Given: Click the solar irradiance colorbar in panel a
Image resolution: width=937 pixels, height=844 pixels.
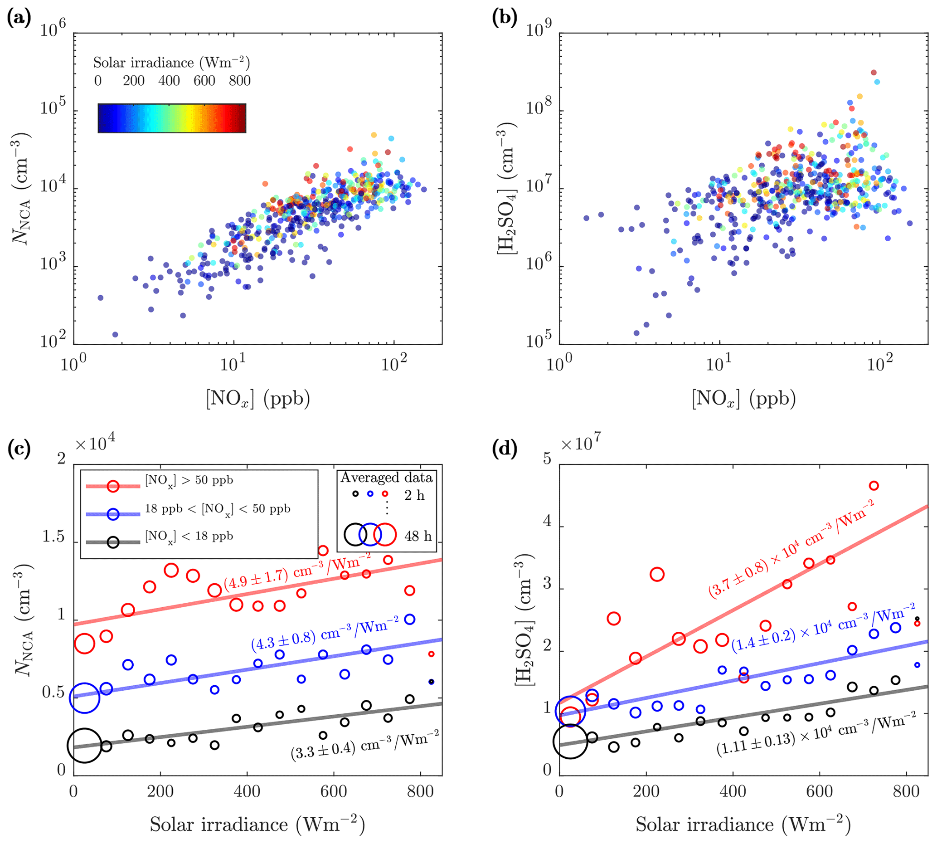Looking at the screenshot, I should click(171, 118).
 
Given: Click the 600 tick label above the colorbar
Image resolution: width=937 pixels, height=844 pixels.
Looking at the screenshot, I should click(204, 81).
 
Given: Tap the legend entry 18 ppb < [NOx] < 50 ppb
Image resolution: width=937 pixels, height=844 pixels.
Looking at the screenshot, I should click(217, 509).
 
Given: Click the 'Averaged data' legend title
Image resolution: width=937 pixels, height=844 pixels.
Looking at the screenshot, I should click(387, 478).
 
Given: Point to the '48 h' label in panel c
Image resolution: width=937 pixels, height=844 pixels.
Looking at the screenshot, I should click(418, 537).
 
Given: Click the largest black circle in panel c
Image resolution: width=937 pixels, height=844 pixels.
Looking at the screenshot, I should click(84, 745).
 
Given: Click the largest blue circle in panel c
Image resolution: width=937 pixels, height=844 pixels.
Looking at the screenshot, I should click(84, 698).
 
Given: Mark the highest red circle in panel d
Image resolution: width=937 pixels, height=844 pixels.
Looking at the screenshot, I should click(874, 486).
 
